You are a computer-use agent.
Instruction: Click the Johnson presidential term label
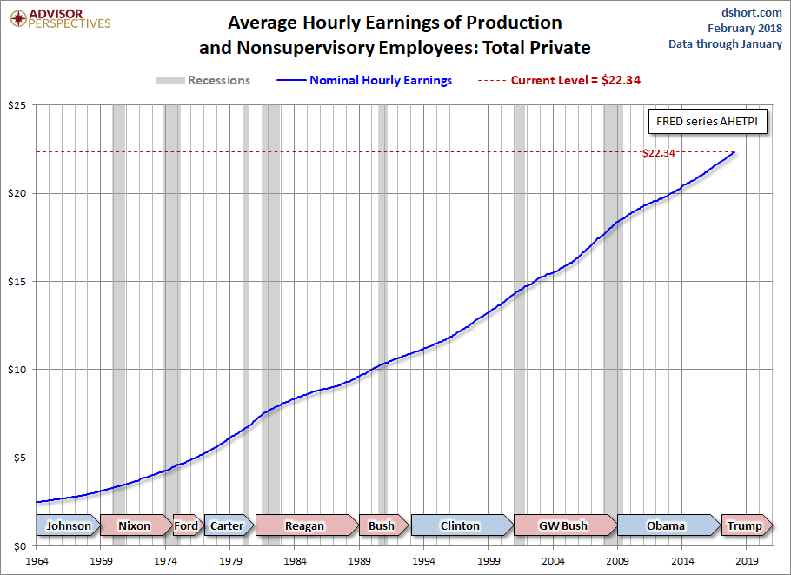tap(68, 525)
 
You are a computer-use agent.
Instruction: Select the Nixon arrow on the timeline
tap(134, 525)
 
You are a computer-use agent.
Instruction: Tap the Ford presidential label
tap(186, 525)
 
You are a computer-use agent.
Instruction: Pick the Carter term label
tap(227, 525)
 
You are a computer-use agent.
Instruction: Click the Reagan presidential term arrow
tap(304, 525)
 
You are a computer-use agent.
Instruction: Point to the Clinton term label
tap(460, 525)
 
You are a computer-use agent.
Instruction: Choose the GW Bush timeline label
tap(563, 525)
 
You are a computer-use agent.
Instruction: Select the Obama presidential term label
tap(666, 525)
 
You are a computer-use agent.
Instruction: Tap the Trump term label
tap(744, 525)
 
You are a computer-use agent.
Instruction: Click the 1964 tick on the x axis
tap(37, 561)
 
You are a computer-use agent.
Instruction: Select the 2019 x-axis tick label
tap(748, 561)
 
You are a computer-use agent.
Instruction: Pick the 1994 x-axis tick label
tap(424, 561)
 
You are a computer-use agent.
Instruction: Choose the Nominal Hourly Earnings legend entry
tap(381, 80)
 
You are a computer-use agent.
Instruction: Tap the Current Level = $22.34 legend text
tap(575, 80)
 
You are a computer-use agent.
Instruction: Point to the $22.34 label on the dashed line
tap(658, 153)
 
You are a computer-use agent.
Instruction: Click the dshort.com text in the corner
tap(754, 12)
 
